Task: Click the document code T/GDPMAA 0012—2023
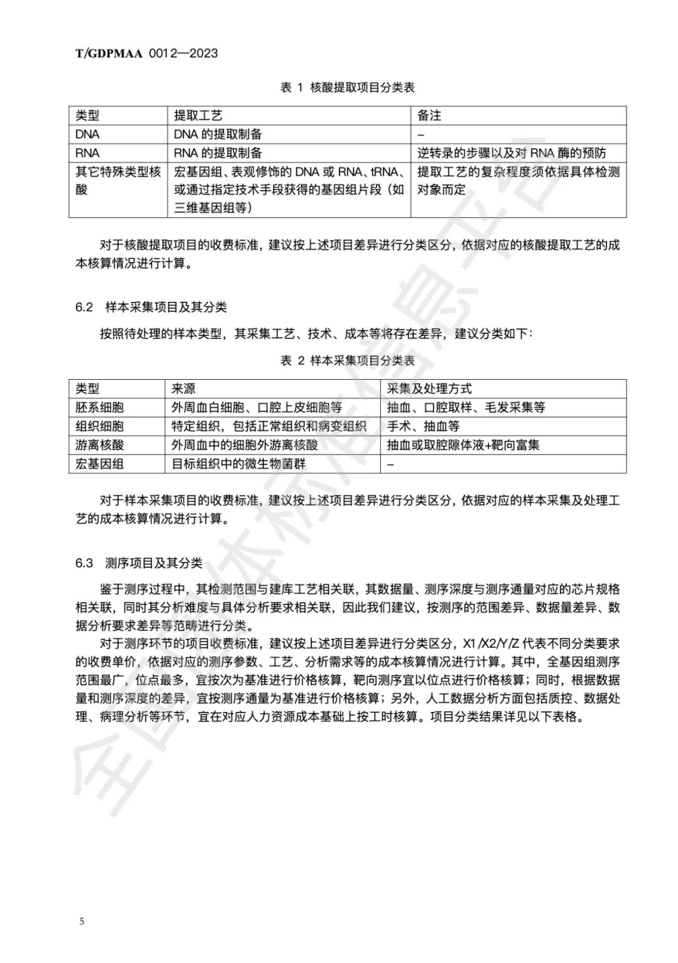[147, 53]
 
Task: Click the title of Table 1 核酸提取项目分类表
[347, 88]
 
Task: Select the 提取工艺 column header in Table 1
[198, 116]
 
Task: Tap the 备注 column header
[429, 116]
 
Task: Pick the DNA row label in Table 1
[87, 134]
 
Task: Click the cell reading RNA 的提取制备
[218, 153]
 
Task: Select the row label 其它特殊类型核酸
[117, 181]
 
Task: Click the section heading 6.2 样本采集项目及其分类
[151, 307]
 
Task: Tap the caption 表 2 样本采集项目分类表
[347, 360]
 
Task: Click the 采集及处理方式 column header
[429, 389]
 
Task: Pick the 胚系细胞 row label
[100, 407]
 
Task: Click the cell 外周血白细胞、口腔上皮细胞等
[257, 407]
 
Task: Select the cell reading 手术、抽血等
[423, 426]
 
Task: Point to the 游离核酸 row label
[100, 445]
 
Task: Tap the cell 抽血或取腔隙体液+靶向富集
[463, 445]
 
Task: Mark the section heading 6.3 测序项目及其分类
[139, 563]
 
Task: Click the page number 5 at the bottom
[82, 922]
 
